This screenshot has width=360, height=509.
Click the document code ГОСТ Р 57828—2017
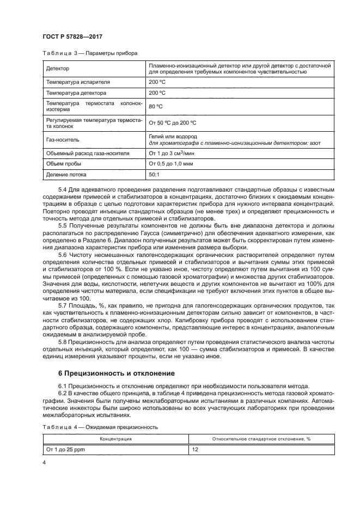[72, 36]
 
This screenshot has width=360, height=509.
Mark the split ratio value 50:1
[154, 175]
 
